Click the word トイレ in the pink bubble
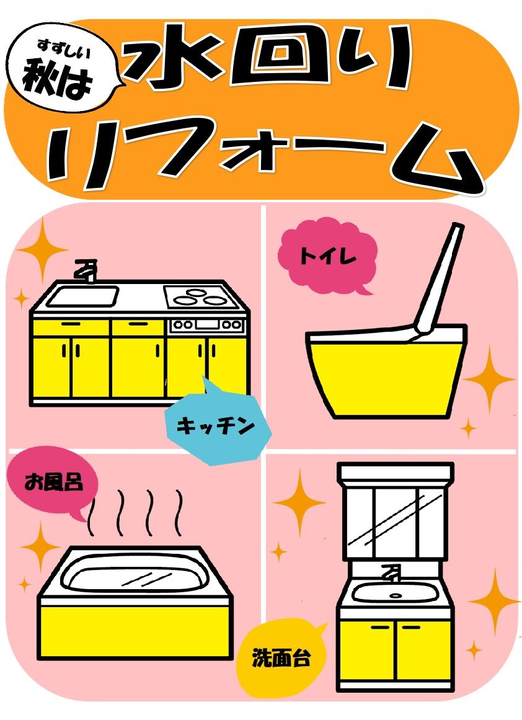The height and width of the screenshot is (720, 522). pos(327,256)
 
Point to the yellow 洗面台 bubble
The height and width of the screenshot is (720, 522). pos(281,657)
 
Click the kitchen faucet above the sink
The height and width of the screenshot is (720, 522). pos(86,271)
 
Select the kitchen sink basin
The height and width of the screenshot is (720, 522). pos(82,295)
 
